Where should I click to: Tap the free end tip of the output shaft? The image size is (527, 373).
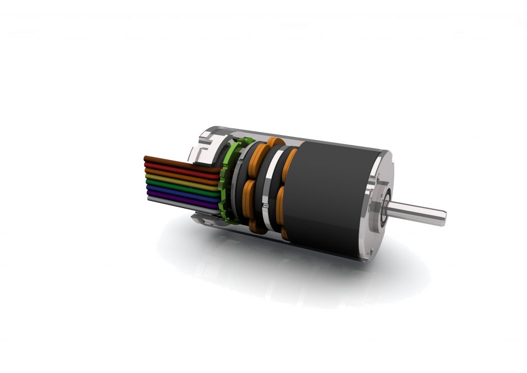pos(444,216)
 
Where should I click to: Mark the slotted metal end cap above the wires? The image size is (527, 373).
pos(206,147)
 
